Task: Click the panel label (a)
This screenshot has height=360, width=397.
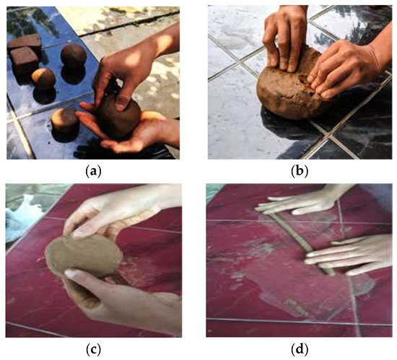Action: (x=93, y=171)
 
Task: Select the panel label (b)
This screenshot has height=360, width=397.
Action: (x=300, y=171)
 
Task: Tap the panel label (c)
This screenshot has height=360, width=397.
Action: (x=93, y=350)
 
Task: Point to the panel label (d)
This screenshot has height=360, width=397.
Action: (x=300, y=350)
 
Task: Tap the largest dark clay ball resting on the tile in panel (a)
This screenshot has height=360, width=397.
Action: (x=74, y=56)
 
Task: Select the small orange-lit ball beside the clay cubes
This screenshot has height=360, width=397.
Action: (x=43, y=79)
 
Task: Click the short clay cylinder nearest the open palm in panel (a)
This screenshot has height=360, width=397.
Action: (x=65, y=121)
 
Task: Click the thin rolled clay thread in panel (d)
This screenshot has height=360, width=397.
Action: (x=301, y=243)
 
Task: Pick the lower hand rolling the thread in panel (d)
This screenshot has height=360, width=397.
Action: (x=349, y=255)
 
